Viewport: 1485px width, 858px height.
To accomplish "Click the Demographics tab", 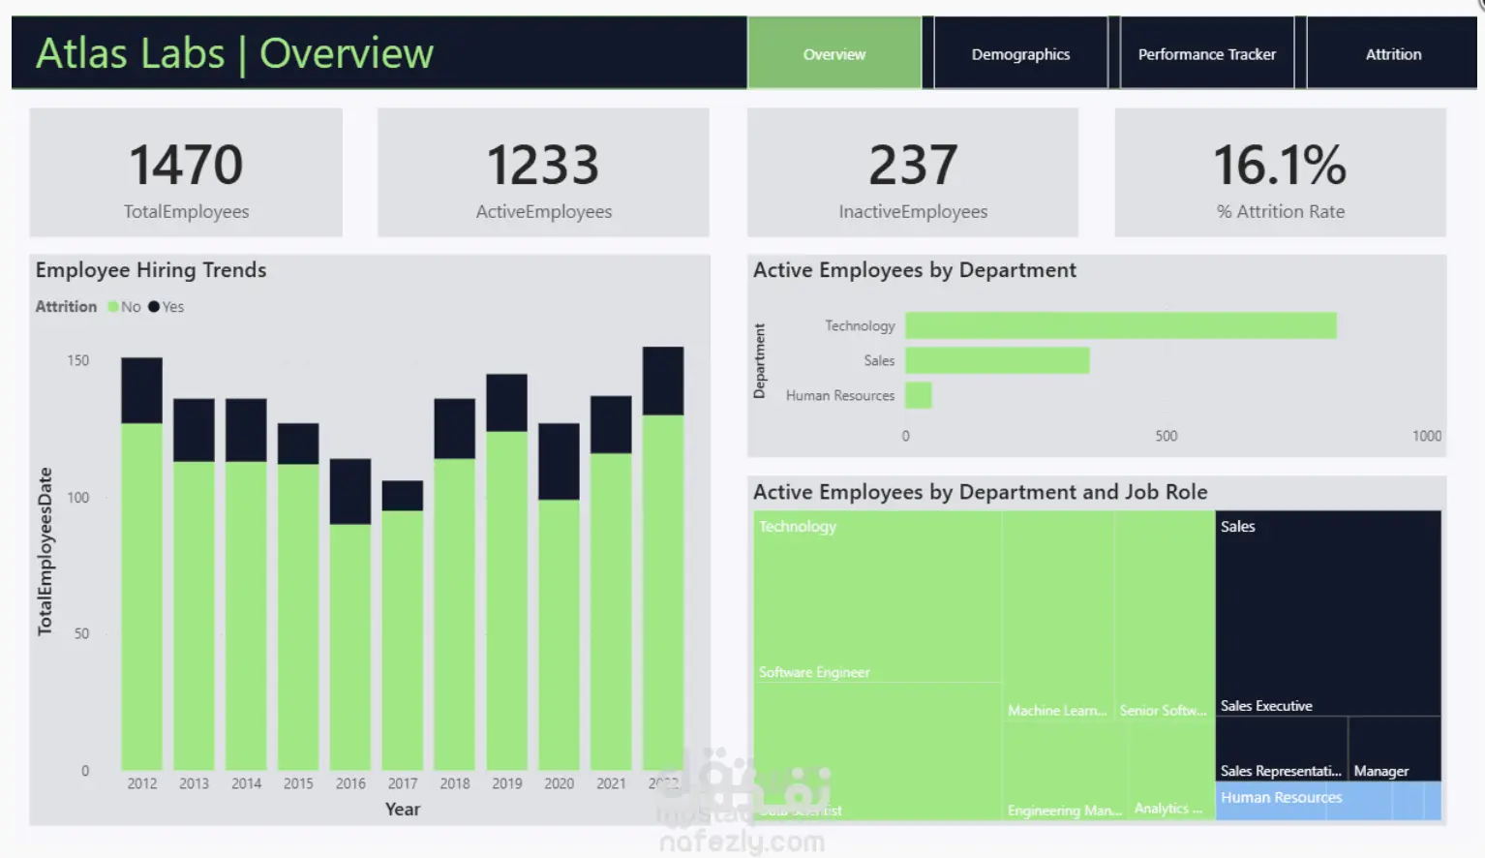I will (x=1020, y=54).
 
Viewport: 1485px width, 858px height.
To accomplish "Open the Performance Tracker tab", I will (x=1206, y=54).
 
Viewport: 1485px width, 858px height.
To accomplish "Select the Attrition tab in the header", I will (x=1393, y=54).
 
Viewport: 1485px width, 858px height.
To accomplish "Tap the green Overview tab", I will (x=833, y=54).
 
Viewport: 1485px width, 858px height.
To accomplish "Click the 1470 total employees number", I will (x=186, y=165).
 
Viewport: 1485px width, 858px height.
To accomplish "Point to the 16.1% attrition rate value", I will (x=1280, y=165).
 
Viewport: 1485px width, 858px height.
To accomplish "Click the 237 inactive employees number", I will (x=913, y=165).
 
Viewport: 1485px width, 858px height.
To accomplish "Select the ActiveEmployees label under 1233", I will (x=543, y=212).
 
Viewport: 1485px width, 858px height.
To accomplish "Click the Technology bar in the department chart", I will (x=1120, y=325).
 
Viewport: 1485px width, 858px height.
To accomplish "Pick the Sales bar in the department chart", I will (x=997, y=360).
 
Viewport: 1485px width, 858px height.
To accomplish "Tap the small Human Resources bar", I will (x=919, y=395).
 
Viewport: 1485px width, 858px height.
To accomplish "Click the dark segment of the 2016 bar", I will (x=350, y=491).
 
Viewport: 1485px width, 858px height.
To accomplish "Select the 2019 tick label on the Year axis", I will (x=506, y=783).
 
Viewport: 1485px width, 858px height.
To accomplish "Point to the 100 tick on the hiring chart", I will (x=78, y=498).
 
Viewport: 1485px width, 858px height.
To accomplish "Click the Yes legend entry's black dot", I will (x=154, y=307).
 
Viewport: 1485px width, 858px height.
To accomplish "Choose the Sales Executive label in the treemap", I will (x=1266, y=706).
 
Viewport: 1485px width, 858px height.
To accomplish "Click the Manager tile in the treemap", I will (x=1381, y=771).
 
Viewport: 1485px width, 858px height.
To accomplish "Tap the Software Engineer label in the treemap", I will (x=814, y=672).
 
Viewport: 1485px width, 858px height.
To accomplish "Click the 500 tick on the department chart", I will (x=1167, y=436).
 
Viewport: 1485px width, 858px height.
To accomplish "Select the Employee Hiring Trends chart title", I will (x=151, y=270).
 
